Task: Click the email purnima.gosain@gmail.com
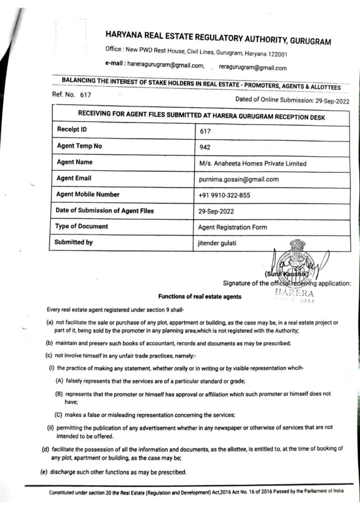tap(239, 179)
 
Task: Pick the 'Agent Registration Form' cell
tap(233, 227)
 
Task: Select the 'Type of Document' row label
tap(82, 226)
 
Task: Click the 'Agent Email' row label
tap(74, 178)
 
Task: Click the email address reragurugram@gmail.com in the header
tap(252, 68)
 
